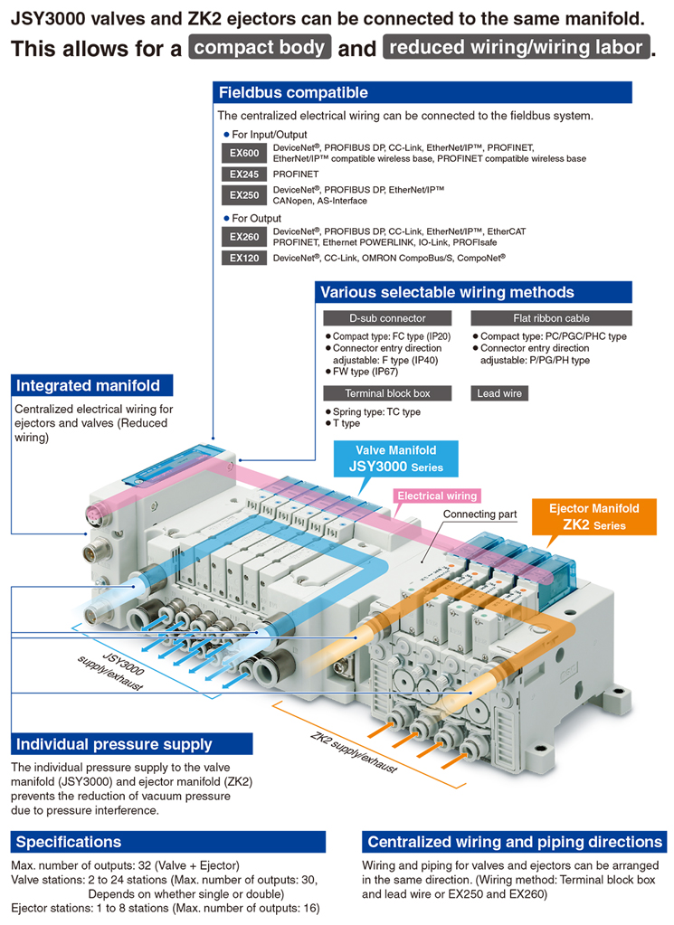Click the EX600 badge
point(244,153)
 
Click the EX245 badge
point(244,174)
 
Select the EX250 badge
point(244,194)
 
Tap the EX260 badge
point(244,237)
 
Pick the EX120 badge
point(244,258)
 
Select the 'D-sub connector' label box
point(387,318)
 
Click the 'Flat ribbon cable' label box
point(551,318)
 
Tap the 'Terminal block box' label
point(387,393)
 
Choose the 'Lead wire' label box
point(499,393)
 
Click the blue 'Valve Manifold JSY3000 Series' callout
point(396,459)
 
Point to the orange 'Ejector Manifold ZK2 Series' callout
point(594,517)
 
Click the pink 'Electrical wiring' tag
point(437,496)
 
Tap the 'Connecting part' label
point(479,514)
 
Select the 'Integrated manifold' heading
point(92,385)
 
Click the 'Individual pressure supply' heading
point(131,744)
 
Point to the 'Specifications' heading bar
point(168,842)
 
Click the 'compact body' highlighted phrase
point(260,47)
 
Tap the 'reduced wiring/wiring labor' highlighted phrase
point(517,47)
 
